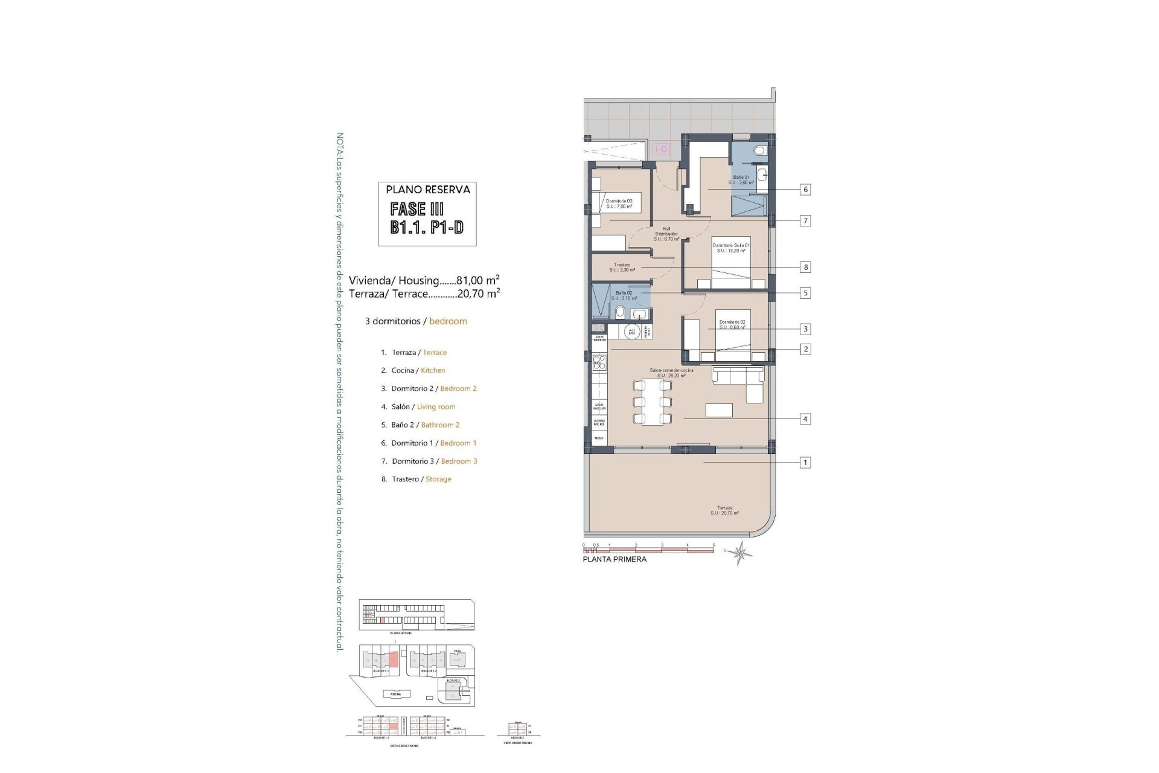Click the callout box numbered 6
(805, 190)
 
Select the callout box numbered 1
(805, 463)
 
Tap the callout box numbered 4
(805, 419)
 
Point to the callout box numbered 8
(805, 267)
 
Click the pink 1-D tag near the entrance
(661, 149)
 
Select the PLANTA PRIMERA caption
(614, 559)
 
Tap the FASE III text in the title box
(417, 210)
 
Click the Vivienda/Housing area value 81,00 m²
(477, 280)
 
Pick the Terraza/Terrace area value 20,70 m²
(477, 293)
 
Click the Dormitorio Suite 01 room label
(731, 248)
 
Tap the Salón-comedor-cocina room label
(671, 373)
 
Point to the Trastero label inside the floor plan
(622, 267)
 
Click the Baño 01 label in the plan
(741, 179)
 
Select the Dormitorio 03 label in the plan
(619, 204)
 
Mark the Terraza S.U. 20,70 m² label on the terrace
(724, 510)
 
